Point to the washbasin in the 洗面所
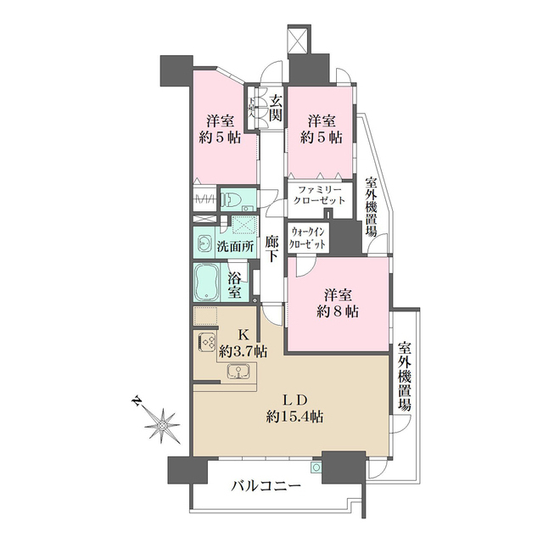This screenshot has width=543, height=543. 204,244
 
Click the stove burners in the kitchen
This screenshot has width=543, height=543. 207,343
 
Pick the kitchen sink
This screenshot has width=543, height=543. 238,370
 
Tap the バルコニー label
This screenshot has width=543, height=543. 266,486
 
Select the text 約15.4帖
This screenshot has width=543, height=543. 294,416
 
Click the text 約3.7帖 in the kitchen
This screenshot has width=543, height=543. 243,349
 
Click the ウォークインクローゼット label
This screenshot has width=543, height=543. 307,237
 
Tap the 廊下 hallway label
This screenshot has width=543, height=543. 271,248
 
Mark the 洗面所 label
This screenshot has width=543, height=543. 235,246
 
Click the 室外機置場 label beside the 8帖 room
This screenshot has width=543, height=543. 405,377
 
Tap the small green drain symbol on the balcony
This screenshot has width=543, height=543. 316,467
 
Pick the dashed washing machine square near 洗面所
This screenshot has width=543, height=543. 244,226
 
